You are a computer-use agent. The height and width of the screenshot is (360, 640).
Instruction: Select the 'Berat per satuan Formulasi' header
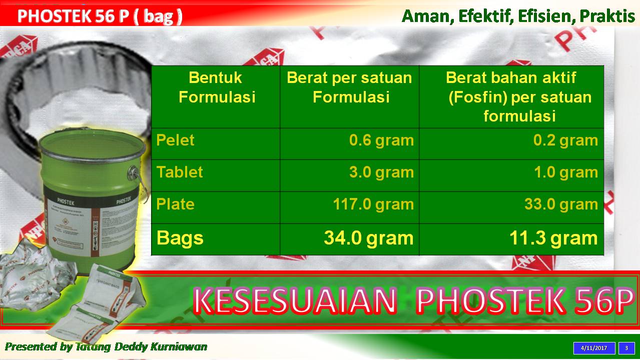pyautogui.click(x=350, y=87)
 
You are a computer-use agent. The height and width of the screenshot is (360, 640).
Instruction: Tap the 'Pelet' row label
pyautogui.click(x=175, y=140)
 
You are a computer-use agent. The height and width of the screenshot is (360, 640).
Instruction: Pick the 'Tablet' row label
pyautogui.click(x=180, y=172)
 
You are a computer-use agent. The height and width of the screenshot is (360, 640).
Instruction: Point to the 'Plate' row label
pyautogui.click(x=175, y=204)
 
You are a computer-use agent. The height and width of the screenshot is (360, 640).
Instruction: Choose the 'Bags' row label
pyautogui.click(x=180, y=238)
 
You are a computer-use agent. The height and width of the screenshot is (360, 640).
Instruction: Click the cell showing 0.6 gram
pyautogui.click(x=381, y=140)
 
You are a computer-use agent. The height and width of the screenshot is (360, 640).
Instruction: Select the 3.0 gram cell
pyautogui.click(x=381, y=172)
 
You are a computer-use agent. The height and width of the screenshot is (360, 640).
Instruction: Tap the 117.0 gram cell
pyautogui.click(x=373, y=204)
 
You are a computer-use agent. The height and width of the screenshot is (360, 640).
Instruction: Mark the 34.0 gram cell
pyautogui.click(x=369, y=238)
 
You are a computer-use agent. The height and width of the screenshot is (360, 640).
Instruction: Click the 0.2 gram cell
pyautogui.click(x=565, y=140)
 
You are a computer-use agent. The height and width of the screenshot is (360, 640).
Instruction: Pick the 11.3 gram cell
pyautogui.click(x=553, y=238)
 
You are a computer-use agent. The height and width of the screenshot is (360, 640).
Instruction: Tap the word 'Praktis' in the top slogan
pyautogui.click(x=607, y=16)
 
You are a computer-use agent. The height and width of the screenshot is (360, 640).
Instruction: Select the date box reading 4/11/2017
pyautogui.click(x=594, y=348)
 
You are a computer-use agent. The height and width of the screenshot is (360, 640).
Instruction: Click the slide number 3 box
pyautogui.click(x=626, y=348)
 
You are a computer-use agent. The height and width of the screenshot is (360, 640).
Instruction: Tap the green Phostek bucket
pyautogui.click(x=90, y=195)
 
